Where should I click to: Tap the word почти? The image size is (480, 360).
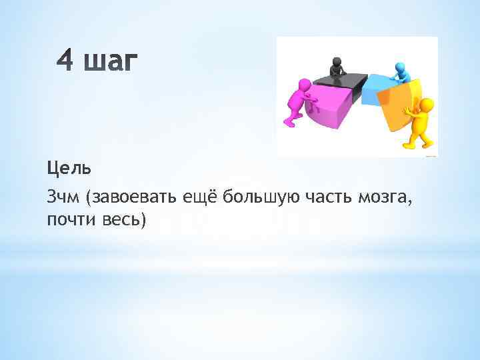point(68,219)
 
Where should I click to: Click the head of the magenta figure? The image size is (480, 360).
point(305,85)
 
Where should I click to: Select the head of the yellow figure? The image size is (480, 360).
point(427,105)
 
